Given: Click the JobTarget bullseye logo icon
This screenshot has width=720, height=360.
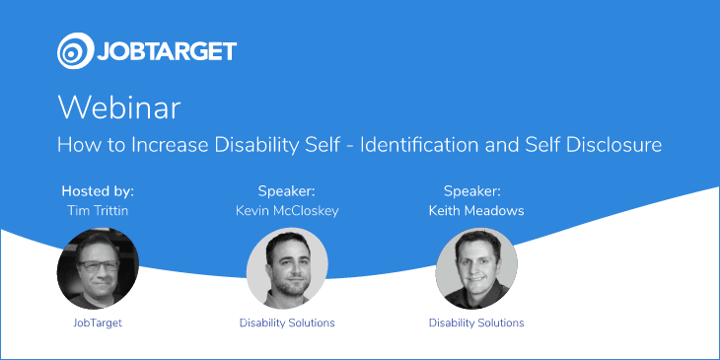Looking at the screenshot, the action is pos(75,51).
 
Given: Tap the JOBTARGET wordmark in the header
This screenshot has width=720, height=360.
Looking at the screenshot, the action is pos(167,51).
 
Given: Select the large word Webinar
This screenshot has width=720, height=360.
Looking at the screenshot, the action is pos(119,108).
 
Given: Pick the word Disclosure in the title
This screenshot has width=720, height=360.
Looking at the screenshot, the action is pos(613,145).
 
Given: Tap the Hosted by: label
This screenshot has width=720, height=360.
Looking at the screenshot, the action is pos(98,191).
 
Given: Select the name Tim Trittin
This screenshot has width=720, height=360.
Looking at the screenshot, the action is pos(98,210).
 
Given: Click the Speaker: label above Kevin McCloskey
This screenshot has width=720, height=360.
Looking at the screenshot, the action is pos(287,191).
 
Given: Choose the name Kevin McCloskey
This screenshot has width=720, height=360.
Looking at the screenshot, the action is pos(287,210).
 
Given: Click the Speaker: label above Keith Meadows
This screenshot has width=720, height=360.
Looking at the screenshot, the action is pos(472,191).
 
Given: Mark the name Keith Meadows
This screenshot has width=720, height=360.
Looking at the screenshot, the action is pos(476,210).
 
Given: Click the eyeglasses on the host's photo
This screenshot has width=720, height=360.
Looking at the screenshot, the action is pos(98,265).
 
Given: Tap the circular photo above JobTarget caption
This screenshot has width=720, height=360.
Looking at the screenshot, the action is pos(98,268).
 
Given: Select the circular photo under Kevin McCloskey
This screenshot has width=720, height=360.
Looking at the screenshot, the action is pos(287,268).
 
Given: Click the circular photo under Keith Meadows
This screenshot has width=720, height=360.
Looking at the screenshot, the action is pos(476,268).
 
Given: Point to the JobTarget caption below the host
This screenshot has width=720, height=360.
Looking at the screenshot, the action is pos(98,323).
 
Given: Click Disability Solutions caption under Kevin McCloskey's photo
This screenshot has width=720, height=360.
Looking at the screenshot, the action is pos(287,323).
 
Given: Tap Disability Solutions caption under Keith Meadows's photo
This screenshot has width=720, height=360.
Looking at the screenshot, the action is pos(476,323).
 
